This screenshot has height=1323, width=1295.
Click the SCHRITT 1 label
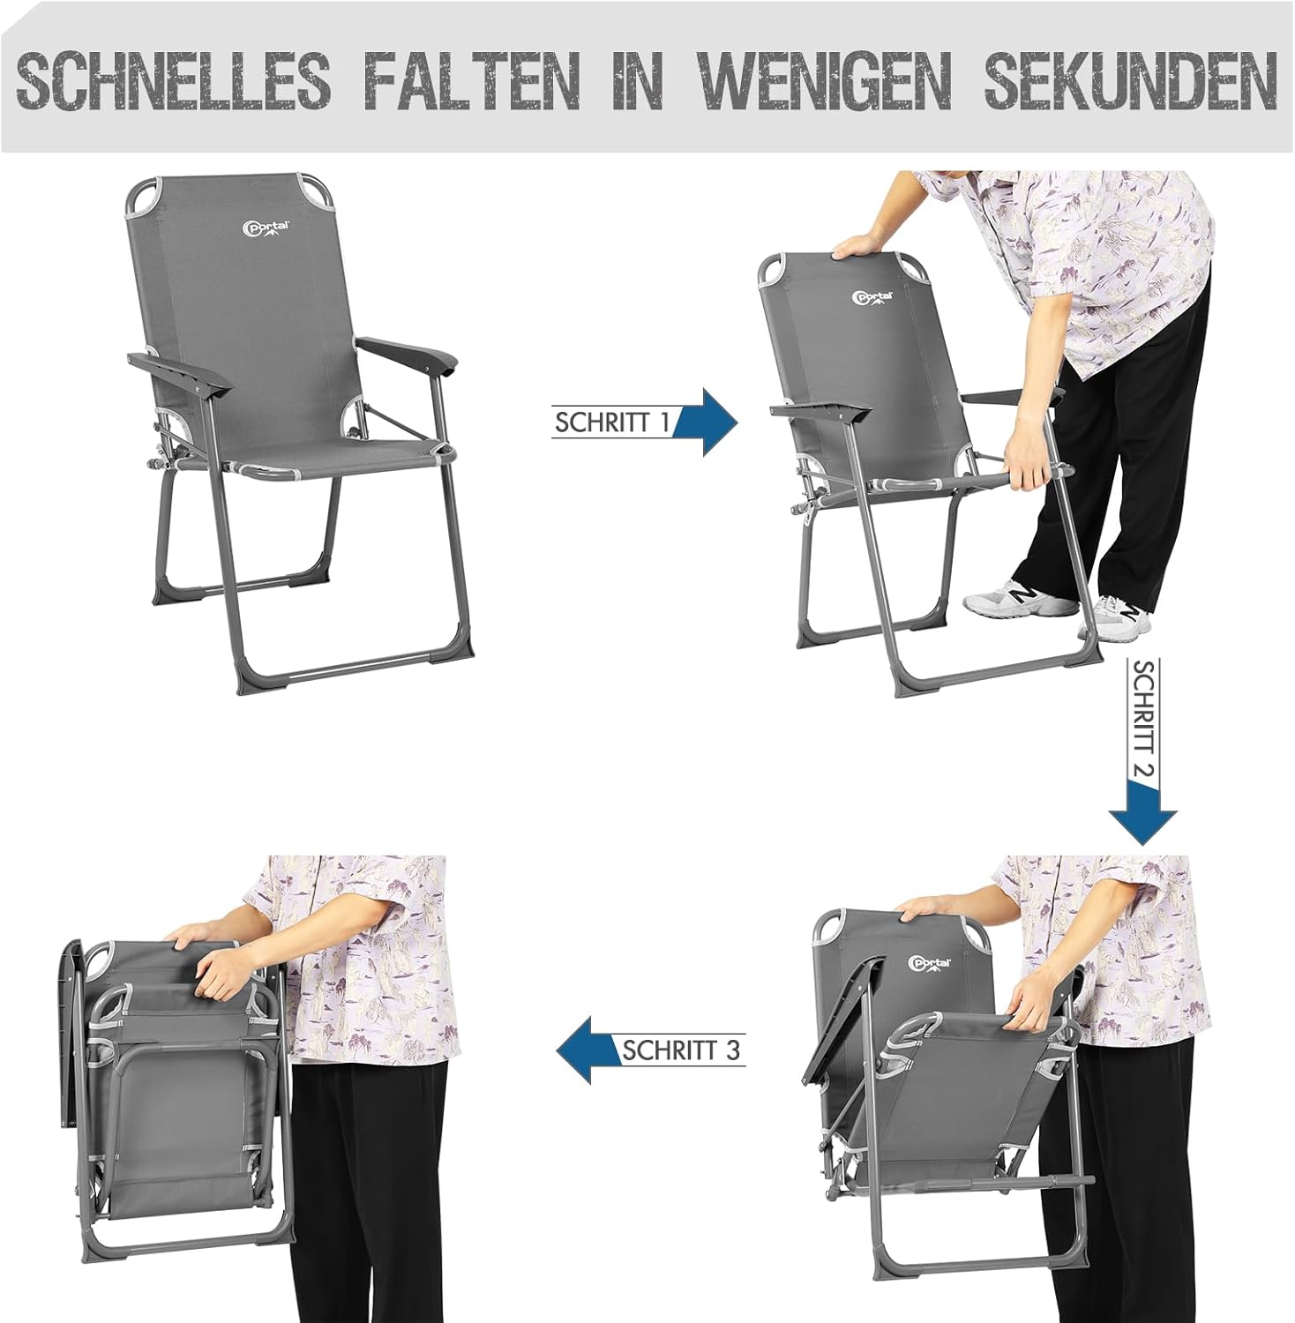[612, 422]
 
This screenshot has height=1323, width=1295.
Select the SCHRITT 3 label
[682, 1050]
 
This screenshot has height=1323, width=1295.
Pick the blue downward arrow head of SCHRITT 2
[1143, 816]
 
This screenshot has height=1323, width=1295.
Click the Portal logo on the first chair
[266, 228]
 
